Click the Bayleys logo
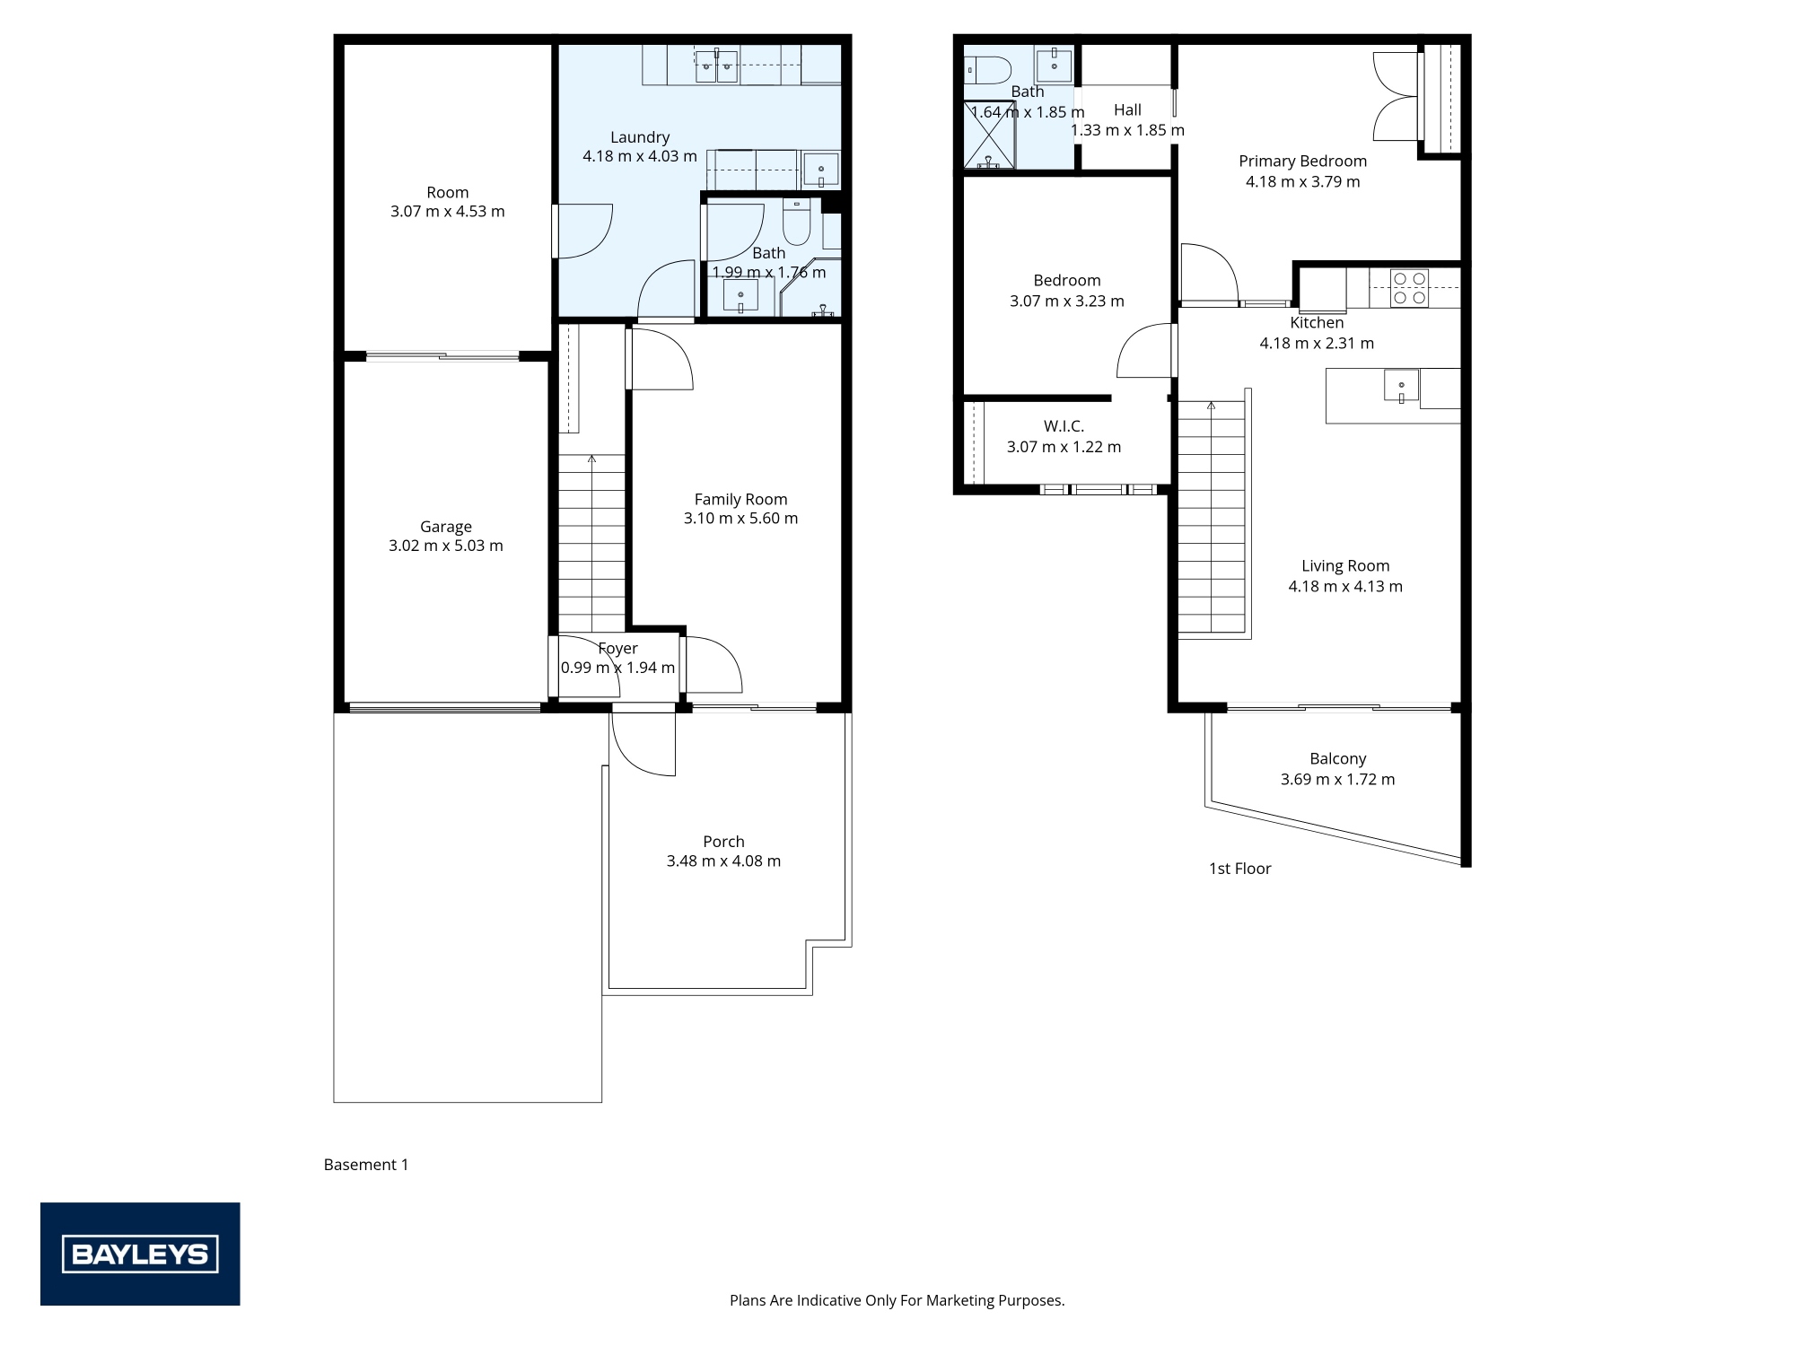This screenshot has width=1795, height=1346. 140,1254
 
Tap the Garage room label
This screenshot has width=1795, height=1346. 446,527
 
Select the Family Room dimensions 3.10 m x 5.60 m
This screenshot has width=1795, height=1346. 740,519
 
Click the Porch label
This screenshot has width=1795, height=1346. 723,841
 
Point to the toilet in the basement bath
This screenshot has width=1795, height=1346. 796,223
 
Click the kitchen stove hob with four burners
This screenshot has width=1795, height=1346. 1409,288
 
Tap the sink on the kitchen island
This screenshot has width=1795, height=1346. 1401,387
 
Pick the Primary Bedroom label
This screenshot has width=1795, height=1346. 1302,161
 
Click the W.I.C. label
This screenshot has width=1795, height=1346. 1064,426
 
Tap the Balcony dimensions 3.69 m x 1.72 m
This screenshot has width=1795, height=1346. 1337,780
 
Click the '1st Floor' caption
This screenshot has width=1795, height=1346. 1239,869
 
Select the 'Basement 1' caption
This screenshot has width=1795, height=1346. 365,1165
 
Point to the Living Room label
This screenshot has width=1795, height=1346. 1344,565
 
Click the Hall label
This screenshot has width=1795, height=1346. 1127,109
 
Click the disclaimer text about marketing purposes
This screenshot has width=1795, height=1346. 897,1300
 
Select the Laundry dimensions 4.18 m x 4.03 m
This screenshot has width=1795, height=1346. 639,156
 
